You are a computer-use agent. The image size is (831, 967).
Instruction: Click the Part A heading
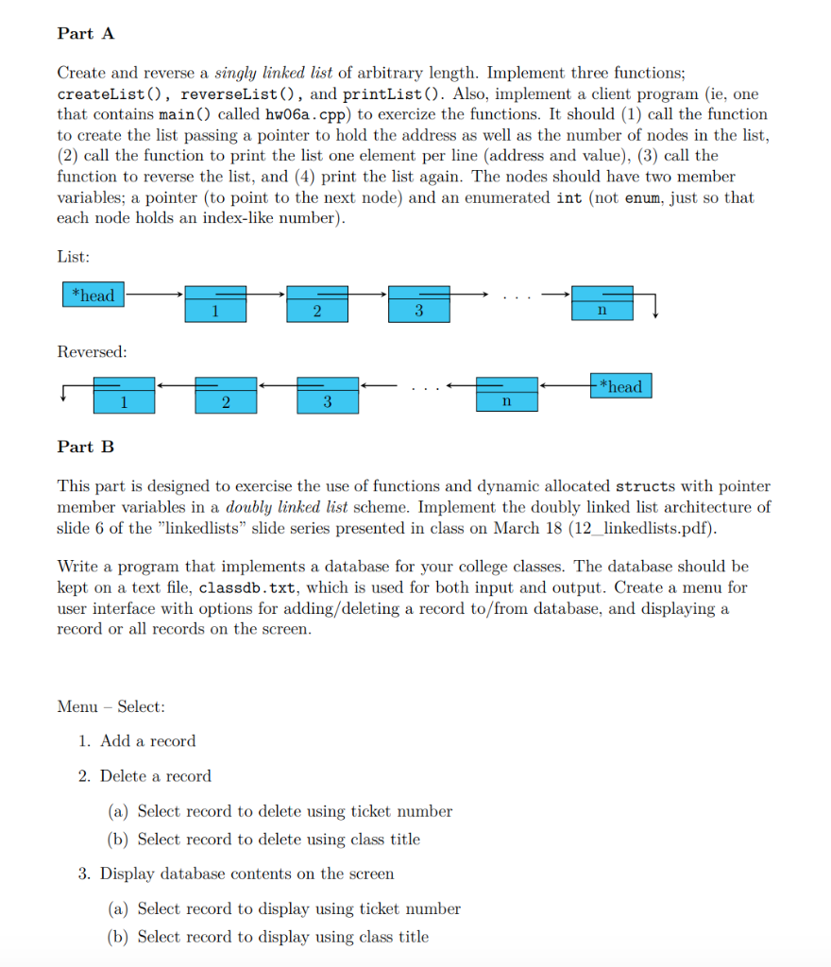[x=86, y=34]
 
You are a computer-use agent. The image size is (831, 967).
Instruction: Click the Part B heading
[x=86, y=447]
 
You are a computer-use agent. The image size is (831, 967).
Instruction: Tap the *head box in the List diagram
[x=93, y=296]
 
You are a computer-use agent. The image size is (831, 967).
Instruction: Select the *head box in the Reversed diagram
[x=620, y=386]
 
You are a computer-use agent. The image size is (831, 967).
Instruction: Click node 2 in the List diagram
[x=317, y=303]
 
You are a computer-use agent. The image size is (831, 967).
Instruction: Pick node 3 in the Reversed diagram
[x=327, y=395]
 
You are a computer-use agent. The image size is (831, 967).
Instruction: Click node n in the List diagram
[x=602, y=303]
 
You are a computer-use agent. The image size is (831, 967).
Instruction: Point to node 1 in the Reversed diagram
[x=124, y=395]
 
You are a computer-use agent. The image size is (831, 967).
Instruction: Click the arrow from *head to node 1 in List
[x=154, y=296]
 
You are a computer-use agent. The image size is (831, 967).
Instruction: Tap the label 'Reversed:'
[x=92, y=352]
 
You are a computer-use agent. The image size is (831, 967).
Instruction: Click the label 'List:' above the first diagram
[x=74, y=256]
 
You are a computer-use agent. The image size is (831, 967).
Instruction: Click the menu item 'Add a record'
[x=147, y=741]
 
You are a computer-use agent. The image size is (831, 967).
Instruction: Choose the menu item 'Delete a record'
[x=155, y=776]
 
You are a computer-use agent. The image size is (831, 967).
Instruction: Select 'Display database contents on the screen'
[x=246, y=874]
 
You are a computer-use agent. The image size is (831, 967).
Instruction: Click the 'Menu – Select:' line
[x=111, y=706]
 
